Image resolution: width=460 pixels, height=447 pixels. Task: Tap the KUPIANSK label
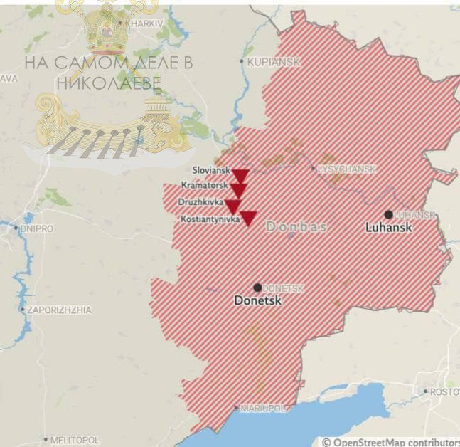[273, 63]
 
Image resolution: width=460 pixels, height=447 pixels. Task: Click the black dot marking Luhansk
[388, 214]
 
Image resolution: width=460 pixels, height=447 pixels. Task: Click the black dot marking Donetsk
[257, 288]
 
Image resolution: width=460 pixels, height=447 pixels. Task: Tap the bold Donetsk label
[258, 302]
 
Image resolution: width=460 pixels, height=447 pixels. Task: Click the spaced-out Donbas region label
[296, 226]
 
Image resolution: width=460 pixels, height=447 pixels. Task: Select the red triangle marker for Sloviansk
[240, 175]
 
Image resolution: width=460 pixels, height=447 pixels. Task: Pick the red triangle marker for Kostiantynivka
[247, 218]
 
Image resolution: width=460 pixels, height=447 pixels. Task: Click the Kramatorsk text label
[204, 185]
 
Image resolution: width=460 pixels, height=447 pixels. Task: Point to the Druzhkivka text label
[201, 202]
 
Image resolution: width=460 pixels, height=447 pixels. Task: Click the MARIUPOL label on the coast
[262, 409]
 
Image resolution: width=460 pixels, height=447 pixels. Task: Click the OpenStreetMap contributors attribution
[390, 442]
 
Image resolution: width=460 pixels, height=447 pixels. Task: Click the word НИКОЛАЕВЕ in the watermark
[108, 82]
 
